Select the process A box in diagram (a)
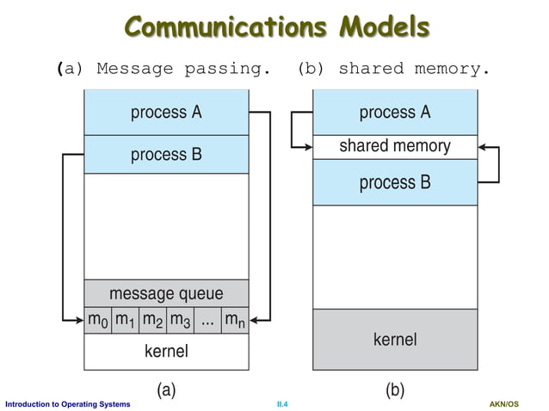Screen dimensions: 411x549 point(166,113)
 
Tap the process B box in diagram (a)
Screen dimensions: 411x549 point(166,155)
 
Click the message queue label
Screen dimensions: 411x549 point(166,293)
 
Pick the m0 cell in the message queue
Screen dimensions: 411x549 point(98,320)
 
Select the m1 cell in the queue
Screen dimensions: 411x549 point(126,320)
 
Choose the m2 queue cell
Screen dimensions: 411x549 point(152,320)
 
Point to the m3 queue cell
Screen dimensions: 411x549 point(179,320)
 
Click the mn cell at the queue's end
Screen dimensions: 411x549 point(234,320)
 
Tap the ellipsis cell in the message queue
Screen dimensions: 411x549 point(207,320)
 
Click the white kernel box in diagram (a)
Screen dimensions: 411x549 point(166,351)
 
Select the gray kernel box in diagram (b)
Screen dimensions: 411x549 point(395,340)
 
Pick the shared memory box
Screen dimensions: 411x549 point(395,146)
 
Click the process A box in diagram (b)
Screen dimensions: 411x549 point(395,113)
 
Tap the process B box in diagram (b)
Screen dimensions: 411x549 point(395,182)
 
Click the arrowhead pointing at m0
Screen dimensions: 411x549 point(78,320)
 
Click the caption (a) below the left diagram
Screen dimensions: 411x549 point(166,390)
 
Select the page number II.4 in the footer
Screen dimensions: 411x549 point(281,404)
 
